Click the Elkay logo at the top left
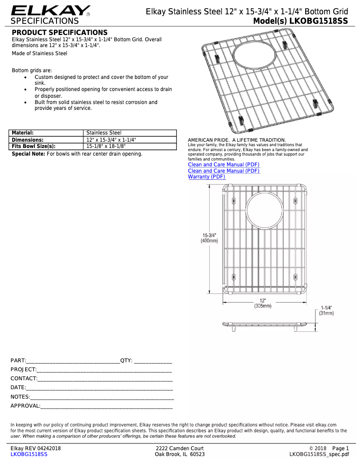[x=50, y=11]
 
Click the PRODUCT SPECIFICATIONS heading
[x=59, y=33]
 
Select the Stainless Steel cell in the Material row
[x=104, y=133]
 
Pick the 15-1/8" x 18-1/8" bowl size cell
[x=106, y=146]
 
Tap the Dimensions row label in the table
[x=27, y=139]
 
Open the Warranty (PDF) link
[x=206, y=177]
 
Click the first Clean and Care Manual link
[x=224, y=165]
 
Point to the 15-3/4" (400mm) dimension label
[x=209, y=238]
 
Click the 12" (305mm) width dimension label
[x=263, y=303]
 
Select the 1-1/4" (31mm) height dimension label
[x=326, y=311]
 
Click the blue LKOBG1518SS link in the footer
[x=29, y=454]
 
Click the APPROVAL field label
[x=25, y=406]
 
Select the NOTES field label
[x=20, y=397]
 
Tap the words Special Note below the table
[x=28, y=154]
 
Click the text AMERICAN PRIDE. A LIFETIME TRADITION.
[x=237, y=140]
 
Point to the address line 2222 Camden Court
[x=180, y=448]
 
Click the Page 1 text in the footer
[x=340, y=448]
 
